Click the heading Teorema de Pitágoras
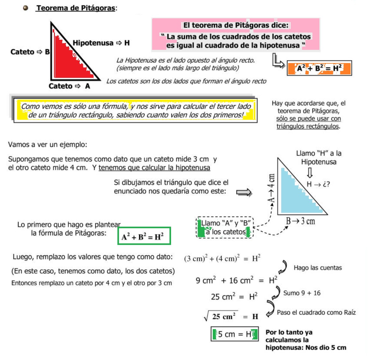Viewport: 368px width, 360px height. coord(76,8)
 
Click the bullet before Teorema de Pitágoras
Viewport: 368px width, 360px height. coord(26,8)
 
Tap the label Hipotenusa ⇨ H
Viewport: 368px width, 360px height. coord(101,43)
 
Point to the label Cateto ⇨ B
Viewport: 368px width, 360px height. coord(30,52)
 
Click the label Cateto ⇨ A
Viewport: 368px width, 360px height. coord(69,86)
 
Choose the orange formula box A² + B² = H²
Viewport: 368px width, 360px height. coord(319,68)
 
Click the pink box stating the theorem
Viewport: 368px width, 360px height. coord(236,35)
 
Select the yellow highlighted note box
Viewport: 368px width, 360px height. coord(135,110)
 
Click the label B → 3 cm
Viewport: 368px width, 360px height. coord(300,221)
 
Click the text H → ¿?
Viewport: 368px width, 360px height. coord(318,184)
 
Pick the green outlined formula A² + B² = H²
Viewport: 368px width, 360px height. coord(144,236)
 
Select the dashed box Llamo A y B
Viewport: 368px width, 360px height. coord(225,228)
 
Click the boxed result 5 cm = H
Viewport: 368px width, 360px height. coord(234,334)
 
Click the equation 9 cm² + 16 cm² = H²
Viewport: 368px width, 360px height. coord(236,280)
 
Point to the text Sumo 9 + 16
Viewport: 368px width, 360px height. coord(302,293)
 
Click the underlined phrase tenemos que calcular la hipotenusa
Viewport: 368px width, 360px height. coord(154,168)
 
